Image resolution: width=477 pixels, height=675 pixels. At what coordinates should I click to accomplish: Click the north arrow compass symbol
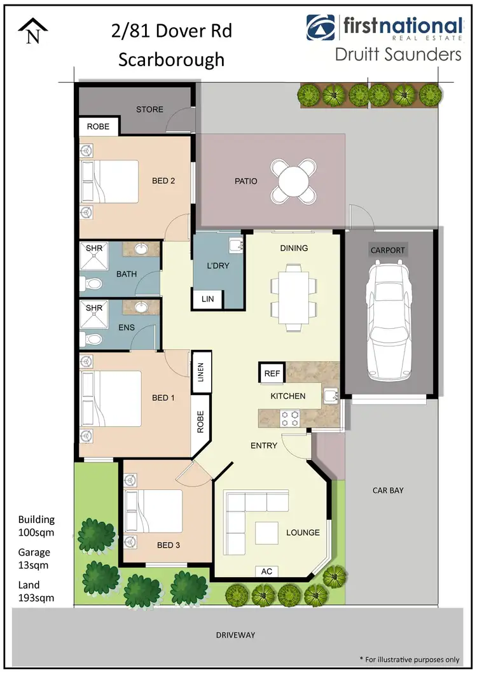pyautogui.click(x=31, y=31)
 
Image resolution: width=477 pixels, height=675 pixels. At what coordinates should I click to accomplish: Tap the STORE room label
pyautogui.click(x=149, y=109)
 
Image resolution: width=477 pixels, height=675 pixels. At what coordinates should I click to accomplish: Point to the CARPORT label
pyautogui.click(x=387, y=250)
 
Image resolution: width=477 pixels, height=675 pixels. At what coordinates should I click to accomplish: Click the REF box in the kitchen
pyautogui.click(x=271, y=373)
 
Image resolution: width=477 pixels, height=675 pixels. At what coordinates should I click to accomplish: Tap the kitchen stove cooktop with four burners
pyautogui.click(x=291, y=418)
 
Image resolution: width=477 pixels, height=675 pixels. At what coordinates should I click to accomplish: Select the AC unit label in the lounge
pyautogui.click(x=267, y=572)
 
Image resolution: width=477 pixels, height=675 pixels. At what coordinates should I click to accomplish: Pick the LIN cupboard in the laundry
pyautogui.click(x=207, y=298)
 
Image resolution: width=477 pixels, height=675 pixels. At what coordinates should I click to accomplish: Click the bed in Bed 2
pyautogui.click(x=111, y=181)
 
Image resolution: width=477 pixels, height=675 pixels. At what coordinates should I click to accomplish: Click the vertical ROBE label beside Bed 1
pyautogui.click(x=200, y=422)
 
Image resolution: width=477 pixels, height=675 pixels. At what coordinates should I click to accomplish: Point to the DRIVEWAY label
pyautogui.click(x=236, y=635)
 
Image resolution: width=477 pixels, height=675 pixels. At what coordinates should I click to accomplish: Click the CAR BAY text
pyautogui.click(x=388, y=491)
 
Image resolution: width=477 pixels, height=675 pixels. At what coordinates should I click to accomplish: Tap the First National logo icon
pyautogui.click(x=320, y=27)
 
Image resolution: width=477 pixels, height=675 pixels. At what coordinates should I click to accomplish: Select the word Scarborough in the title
pyautogui.click(x=172, y=59)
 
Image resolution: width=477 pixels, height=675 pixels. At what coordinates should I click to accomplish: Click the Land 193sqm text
pyautogui.click(x=36, y=591)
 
